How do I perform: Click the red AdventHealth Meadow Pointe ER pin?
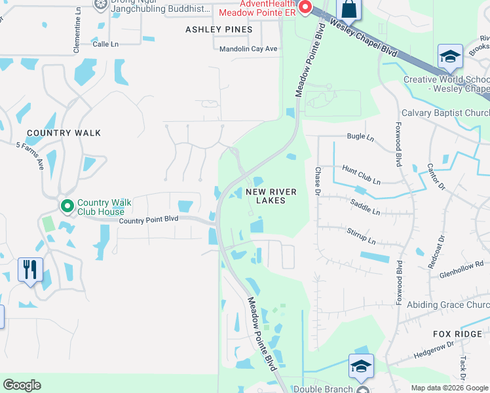[x=305, y=8]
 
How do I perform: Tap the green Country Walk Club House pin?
[x=67, y=206]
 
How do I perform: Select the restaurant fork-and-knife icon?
[x=30, y=269]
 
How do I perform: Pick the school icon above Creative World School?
[x=450, y=56]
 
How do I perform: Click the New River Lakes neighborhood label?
[x=271, y=196]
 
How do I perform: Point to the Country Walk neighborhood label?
[x=64, y=133]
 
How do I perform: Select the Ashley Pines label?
[x=219, y=29]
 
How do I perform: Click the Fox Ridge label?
[x=458, y=334]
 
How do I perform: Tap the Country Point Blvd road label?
[x=149, y=220]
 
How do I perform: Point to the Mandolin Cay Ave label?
[x=248, y=49]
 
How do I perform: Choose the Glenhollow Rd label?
[x=461, y=269]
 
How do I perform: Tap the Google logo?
[x=22, y=385]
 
